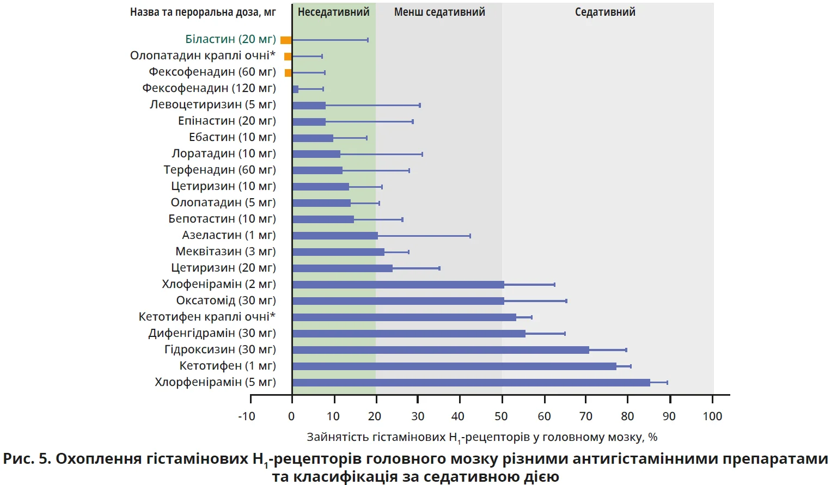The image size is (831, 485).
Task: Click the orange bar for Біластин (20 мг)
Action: point(286,40)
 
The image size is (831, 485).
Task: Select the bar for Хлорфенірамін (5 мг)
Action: point(471,383)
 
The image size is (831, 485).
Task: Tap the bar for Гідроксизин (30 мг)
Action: point(441,350)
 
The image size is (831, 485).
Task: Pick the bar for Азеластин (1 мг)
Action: point(335,236)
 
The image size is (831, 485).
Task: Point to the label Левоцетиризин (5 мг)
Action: point(213,105)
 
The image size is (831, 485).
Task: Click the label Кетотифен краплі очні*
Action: point(207,317)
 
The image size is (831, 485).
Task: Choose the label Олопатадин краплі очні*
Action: point(203,56)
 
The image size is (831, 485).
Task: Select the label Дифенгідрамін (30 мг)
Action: point(212,333)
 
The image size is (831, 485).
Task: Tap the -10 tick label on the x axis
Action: point(247,416)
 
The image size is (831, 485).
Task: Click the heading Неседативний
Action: point(333,12)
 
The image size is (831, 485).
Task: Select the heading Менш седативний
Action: point(439,12)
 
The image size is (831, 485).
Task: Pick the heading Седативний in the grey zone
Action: point(605,12)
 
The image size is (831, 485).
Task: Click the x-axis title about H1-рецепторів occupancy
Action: point(482,437)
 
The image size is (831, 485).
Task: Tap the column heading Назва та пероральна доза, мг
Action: point(203,12)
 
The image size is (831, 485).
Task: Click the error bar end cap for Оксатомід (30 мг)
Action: point(566,301)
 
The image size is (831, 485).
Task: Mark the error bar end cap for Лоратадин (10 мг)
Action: point(422,154)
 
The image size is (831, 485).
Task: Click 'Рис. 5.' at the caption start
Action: point(27,459)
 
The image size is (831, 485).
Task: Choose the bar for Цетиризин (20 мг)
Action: point(342,268)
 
